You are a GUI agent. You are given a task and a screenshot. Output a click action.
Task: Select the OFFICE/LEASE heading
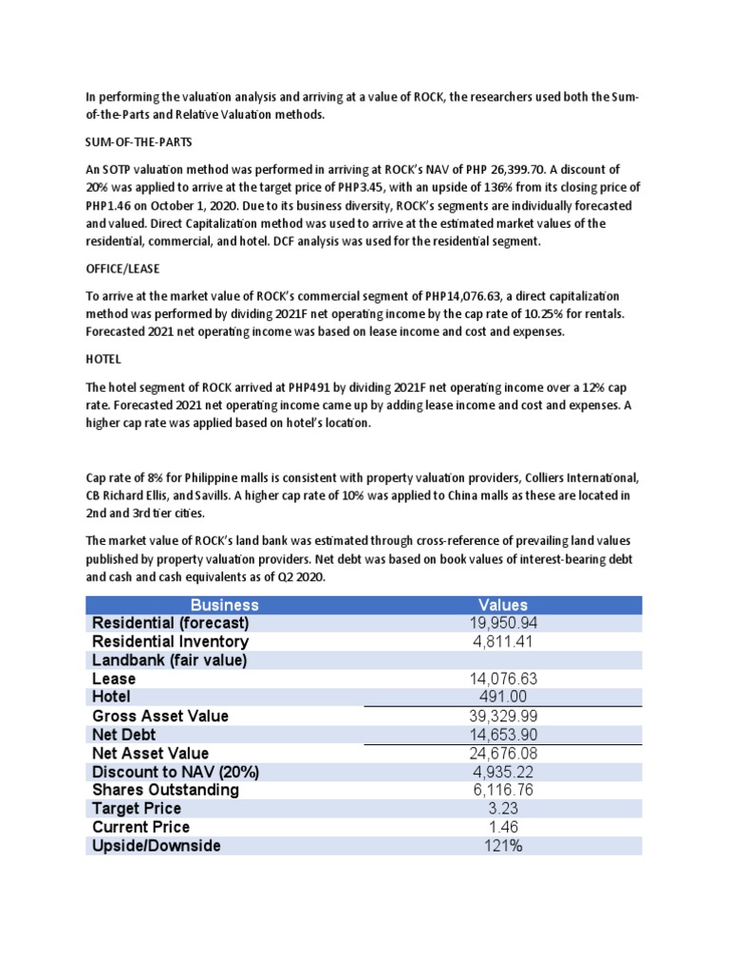coord(125,270)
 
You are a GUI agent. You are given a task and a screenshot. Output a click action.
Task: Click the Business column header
coord(224,605)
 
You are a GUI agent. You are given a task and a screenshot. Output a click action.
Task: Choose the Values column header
coord(503,605)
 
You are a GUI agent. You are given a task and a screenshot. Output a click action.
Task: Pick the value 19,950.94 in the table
coord(503,623)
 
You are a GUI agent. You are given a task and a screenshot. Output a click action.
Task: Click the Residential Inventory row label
coord(170,642)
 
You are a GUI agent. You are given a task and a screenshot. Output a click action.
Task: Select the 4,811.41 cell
coord(503,642)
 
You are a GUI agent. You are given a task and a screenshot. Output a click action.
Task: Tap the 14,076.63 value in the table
coord(503,679)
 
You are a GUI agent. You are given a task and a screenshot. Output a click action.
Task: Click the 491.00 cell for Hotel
coord(503,697)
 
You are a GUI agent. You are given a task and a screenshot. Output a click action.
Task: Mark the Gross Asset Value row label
coord(159,716)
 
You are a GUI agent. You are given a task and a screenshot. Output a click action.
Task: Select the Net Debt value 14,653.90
coord(503,735)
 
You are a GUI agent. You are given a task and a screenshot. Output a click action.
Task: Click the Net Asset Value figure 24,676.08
coord(503,753)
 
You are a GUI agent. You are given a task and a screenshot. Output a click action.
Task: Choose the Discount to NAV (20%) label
coord(175,772)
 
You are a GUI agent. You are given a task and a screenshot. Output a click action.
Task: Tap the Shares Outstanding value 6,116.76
coord(503,790)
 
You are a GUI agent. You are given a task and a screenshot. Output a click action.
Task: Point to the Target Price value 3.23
coord(503,809)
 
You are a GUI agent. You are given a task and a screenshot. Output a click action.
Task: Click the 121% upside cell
coord(503,846)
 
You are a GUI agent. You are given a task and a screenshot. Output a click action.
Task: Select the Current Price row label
coord(140,827)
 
